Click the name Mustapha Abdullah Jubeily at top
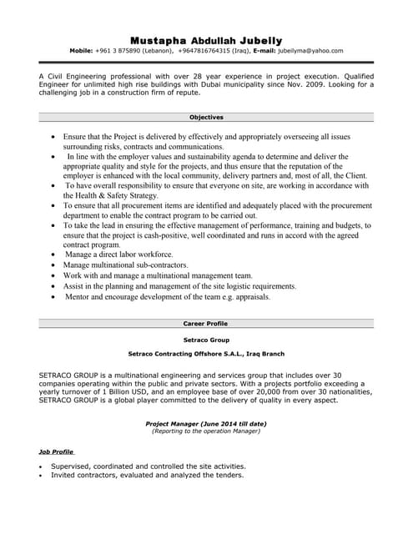(x=206, y=40)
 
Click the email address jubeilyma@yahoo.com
(x=310, y=51)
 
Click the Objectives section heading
(x=206, y=118)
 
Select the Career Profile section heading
(x=206, y=323)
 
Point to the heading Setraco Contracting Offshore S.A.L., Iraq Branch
(x=206, y=354)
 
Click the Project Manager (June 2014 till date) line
(x=206, y=423)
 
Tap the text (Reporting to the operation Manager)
(x=206, y=431)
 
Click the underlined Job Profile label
(x=56, y=451)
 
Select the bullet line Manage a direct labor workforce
(x=118, y=254)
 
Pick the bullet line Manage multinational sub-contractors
(x=126, y=264)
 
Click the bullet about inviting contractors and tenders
(x=147, y=475)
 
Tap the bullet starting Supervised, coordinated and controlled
(x=148, y=466)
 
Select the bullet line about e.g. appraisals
(x=167, y=295)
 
